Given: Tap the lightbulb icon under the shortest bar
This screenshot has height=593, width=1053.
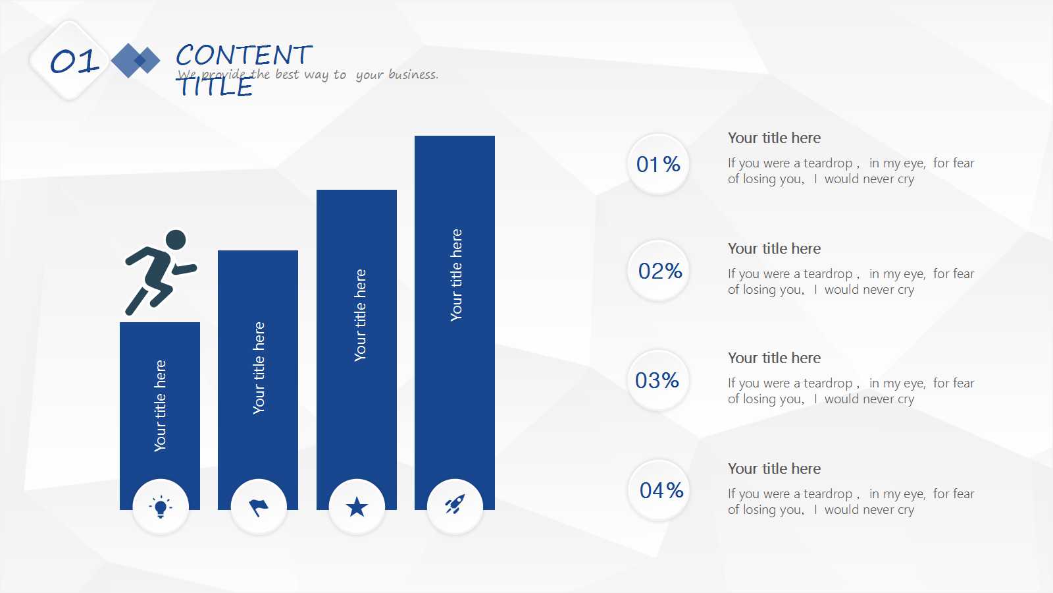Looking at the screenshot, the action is (161, 507).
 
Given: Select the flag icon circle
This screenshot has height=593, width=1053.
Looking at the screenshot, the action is (259, 507).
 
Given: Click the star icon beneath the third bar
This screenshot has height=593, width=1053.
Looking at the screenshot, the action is (357, 507).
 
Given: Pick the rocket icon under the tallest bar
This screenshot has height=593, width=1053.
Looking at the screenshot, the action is (455, 504).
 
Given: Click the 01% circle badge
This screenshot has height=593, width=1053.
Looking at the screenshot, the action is (658, 164).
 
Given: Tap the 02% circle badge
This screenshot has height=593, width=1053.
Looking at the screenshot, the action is (658, 271).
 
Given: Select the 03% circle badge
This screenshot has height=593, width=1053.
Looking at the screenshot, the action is (658, 380).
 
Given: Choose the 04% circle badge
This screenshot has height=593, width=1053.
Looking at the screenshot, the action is (658, 490).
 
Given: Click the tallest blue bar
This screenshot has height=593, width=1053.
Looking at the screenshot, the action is (455, 322).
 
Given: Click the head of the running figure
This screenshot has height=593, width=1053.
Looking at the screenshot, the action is (176, 240).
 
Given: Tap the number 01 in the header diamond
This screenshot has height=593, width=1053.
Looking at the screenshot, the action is (75, 62).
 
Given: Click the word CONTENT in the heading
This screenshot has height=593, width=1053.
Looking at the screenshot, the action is (244, 55).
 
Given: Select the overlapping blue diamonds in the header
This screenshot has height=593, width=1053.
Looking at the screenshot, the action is (136, 60).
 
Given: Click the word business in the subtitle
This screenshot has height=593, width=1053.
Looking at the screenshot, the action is (413, 74).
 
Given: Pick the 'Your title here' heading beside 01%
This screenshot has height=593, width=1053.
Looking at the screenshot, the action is (774, 138).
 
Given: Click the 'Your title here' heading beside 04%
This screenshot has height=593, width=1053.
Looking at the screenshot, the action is (774, 468).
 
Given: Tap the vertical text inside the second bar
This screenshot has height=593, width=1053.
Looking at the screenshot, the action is (259, 368).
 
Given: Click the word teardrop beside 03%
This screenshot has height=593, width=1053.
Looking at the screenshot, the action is (828, 383).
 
